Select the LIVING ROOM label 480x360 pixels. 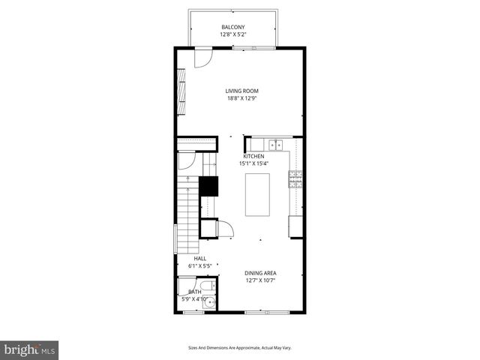241,91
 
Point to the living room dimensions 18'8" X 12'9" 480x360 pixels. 241,99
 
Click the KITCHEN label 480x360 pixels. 253,156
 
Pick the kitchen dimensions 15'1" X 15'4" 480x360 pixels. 253,163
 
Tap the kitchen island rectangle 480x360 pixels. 257,195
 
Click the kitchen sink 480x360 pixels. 274,144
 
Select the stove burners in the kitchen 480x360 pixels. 295,178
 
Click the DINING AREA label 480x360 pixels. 260,273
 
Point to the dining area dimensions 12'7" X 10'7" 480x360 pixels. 260,280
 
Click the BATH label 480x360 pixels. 194,292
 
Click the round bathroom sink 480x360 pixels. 209,303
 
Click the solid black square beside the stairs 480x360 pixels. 208,185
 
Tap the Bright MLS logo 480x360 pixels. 29,349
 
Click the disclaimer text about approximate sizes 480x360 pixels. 239,347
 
